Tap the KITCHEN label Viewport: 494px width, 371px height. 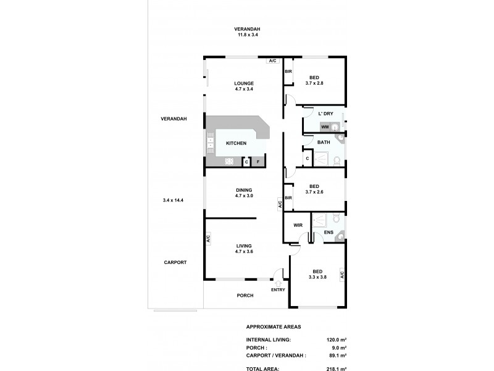(x=236, y=143)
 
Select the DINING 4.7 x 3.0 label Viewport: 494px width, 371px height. (x=244, y=193)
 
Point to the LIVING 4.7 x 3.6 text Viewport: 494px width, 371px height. (x=244, y=249)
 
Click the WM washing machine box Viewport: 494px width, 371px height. (x=324, y=127)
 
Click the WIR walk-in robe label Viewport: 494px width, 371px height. (x=297, y=226)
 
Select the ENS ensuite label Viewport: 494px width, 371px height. (x=329, y=233)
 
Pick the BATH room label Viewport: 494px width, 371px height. (x=324, y=142)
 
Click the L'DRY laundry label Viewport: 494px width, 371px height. (x=325, y=114)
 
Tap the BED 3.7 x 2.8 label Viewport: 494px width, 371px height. (x=314, y=80)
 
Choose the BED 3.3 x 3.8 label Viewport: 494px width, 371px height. (x=317, y=274)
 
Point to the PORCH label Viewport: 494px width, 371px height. (x=245, y=296)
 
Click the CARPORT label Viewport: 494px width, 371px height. (x=175, y=262)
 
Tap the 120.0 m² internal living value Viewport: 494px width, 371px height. (x=336, y=339)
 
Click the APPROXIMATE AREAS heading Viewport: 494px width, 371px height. (x=274, y=326)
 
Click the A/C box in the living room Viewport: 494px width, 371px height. (x=208, y=238)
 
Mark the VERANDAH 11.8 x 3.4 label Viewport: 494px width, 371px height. (x=247, y=32)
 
